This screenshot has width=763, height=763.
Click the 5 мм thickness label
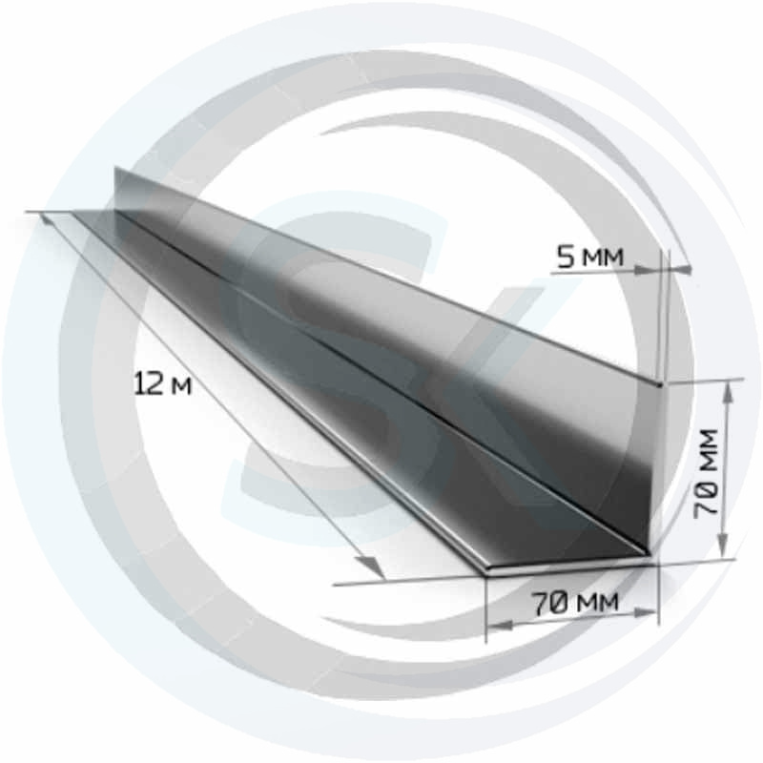[590, 257]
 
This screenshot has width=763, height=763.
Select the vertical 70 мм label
[706, 473]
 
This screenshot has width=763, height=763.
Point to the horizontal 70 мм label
[575, 603]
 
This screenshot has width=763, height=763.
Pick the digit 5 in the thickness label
[567, 257]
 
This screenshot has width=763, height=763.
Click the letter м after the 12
[183, 388]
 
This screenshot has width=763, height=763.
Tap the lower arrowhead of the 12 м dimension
[373, 568]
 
